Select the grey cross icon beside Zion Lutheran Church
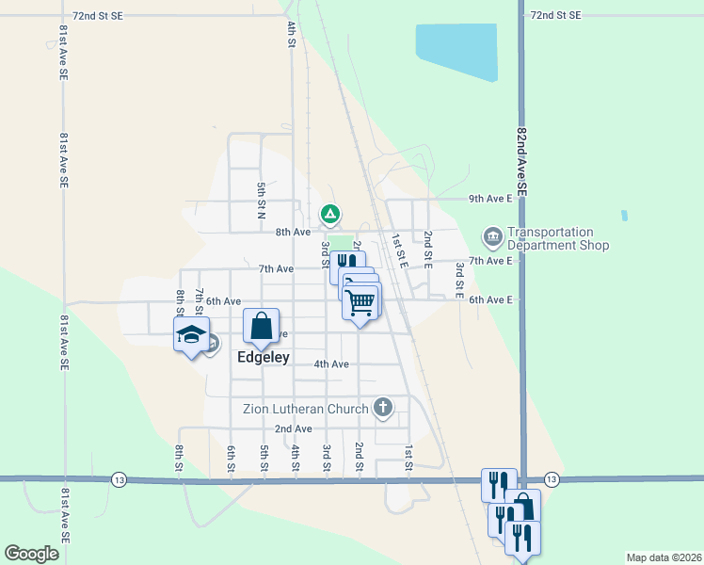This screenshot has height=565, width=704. (x=382, y=408)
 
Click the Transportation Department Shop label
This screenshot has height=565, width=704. (x=558, y=239)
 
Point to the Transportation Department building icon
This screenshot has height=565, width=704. (x=491, y=234)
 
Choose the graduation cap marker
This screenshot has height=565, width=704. (x=191, y=334)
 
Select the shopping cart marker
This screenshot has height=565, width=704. (x=360, y=302)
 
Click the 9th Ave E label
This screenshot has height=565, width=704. (x=490, y=199)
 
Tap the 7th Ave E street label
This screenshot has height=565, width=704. (x=490, y=261)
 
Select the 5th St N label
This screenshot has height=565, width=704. (x=262, y=200)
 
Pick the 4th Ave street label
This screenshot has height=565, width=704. (x=331, y=364)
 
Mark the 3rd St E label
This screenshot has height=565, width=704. (x=459, y=281)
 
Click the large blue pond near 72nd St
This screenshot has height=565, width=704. (x=456, y=52)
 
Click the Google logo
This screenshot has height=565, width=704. (x=31, y=554)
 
